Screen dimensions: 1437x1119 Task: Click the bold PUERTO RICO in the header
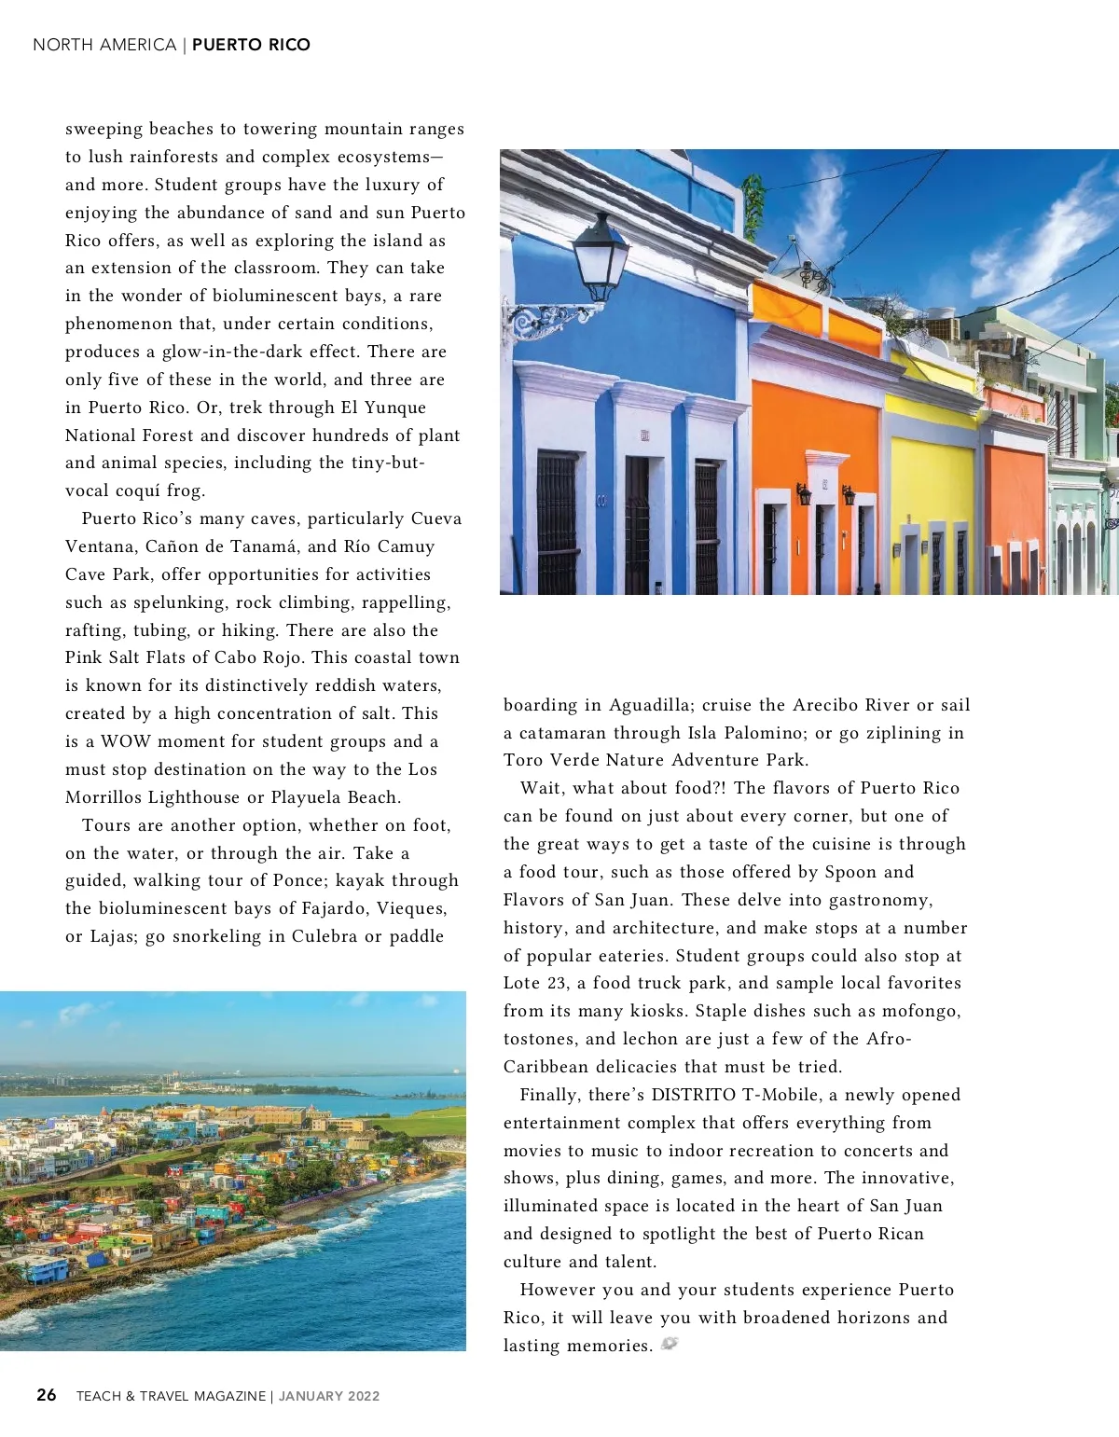251,45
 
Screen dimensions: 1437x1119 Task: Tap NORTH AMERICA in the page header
104,45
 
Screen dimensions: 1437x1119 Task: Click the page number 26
47,1395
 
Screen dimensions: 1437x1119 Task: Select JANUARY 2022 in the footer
329,1396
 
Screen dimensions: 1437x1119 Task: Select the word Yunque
395,408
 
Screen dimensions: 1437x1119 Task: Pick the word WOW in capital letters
125,741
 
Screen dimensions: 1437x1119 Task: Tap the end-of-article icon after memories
670,1344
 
